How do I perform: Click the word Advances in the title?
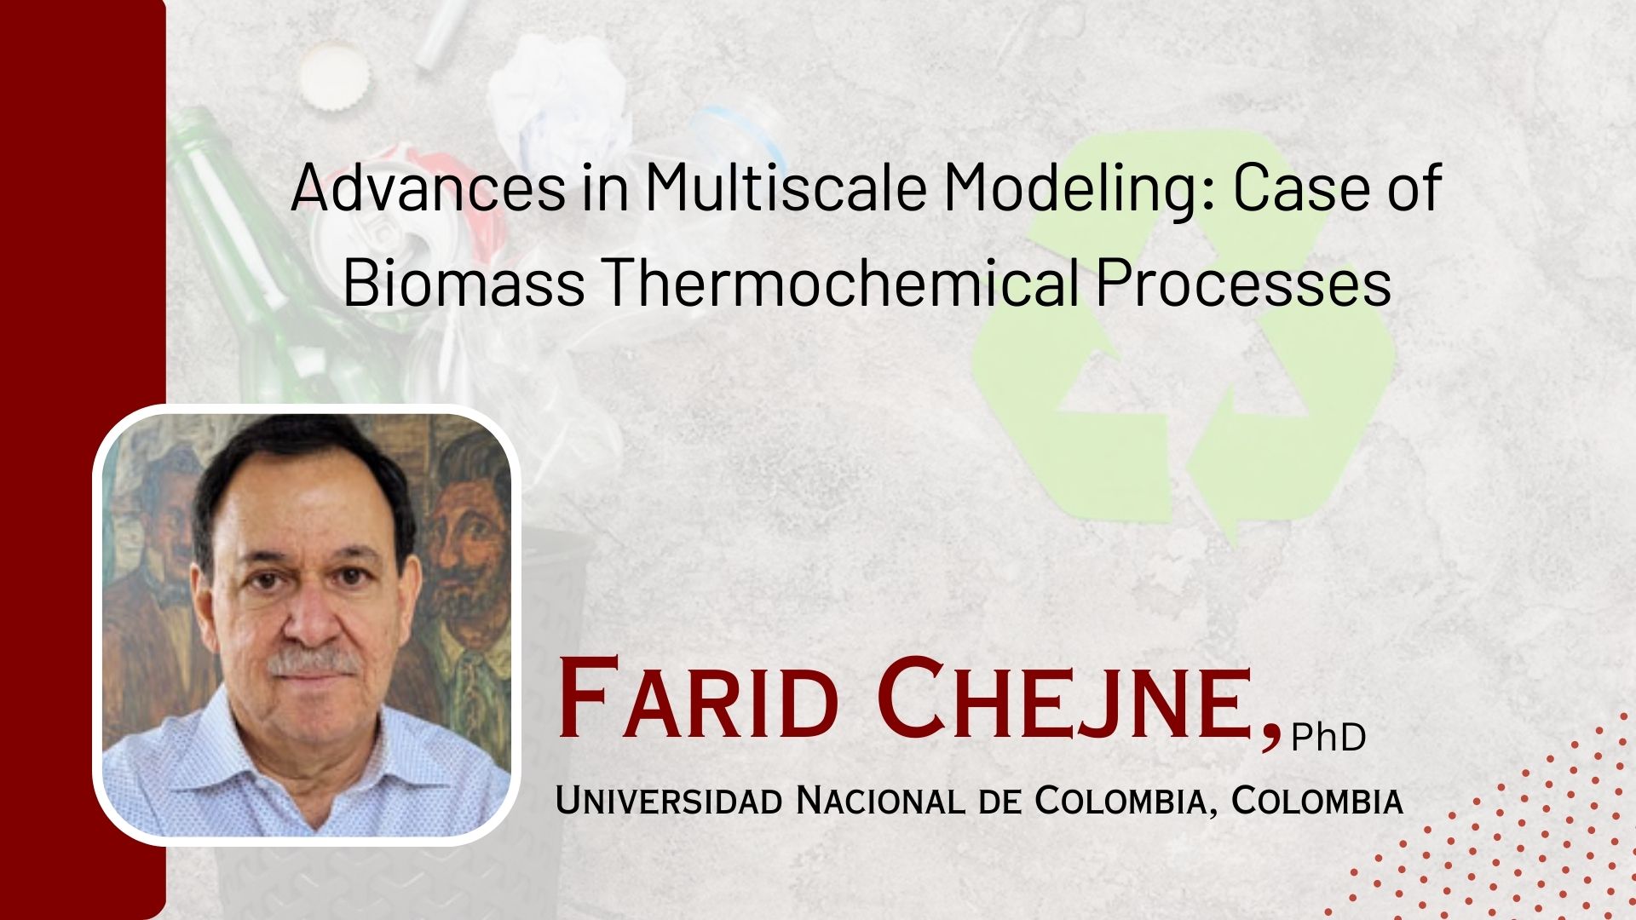(429, 188)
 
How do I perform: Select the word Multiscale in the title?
(785, 188)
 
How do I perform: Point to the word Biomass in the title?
(464, 283)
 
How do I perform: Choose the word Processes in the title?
(1244, 283)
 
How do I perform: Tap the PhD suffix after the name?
(1328, 737)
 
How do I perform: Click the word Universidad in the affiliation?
(669, 801)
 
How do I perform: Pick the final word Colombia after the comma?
(1316, 801)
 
